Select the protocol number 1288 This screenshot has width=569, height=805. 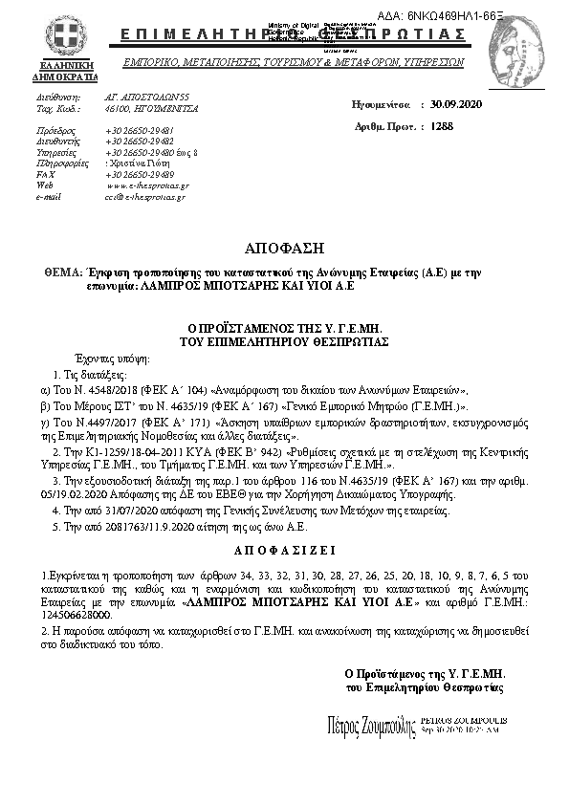point(442,125)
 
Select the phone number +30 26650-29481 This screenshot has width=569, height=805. point(140,129)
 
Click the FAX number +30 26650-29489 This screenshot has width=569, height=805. point(140,175)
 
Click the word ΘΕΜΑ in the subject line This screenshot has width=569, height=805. point(62,272)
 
